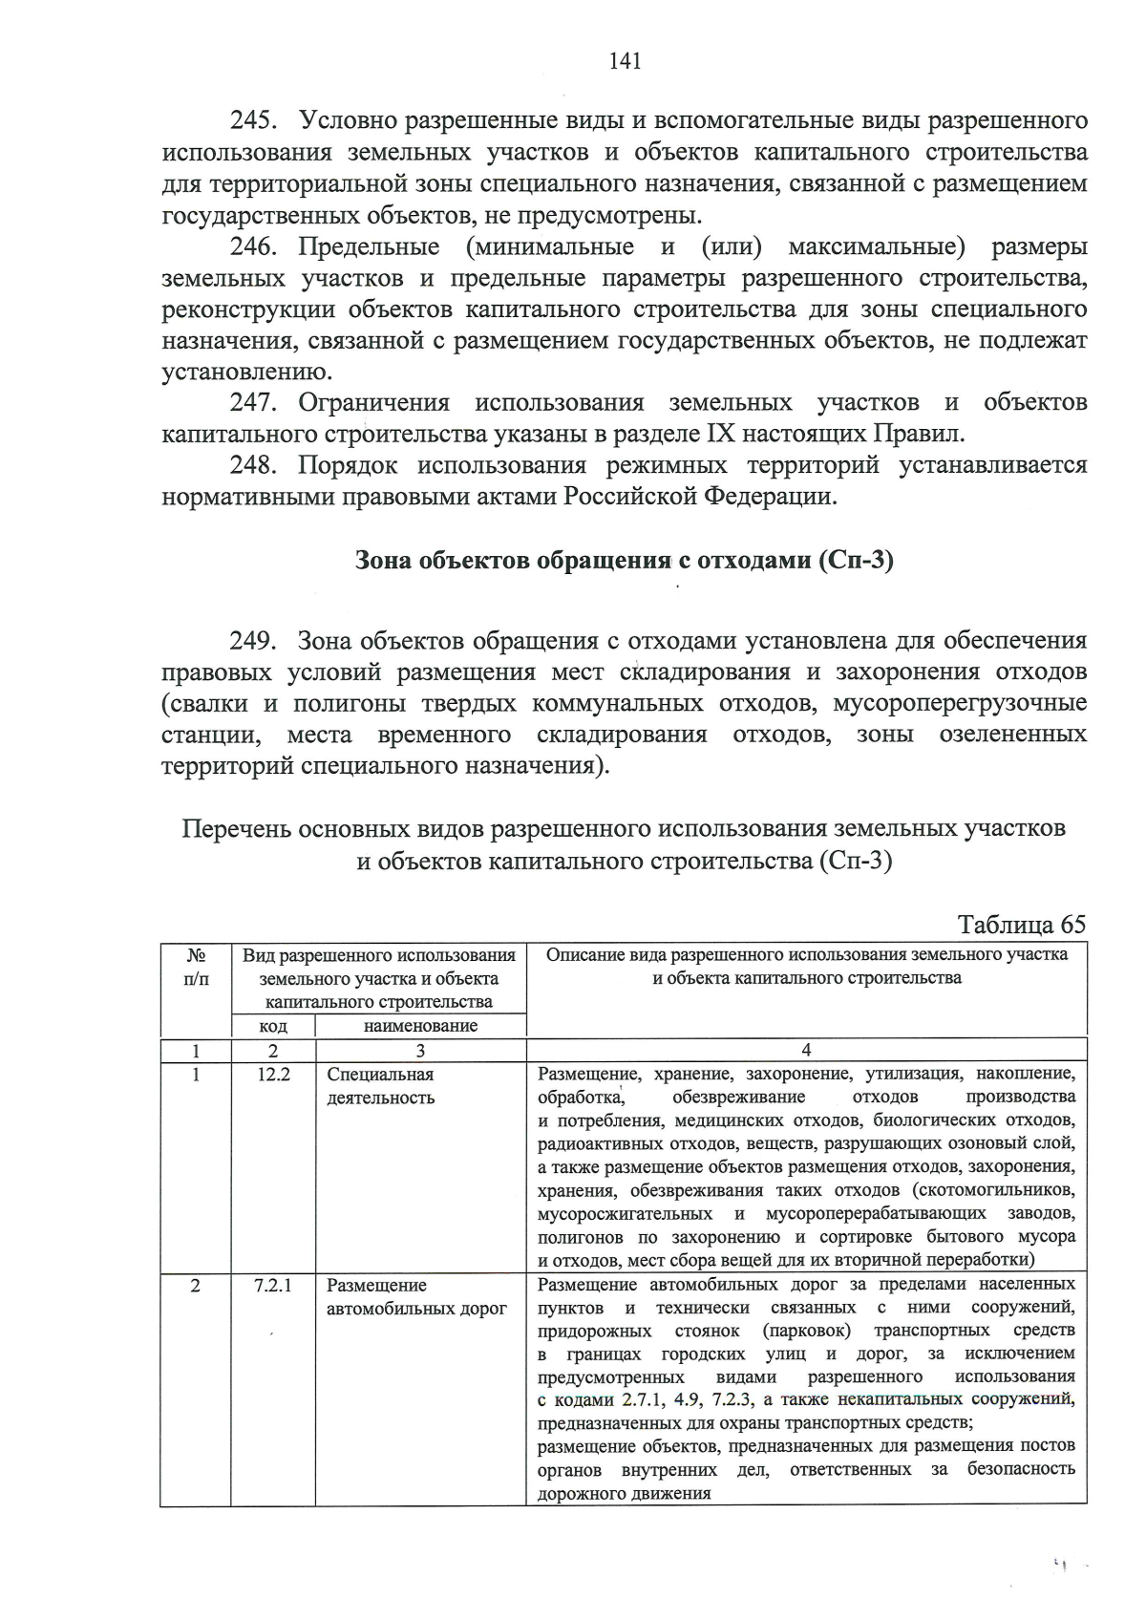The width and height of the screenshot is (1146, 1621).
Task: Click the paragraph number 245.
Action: tap(253, 120)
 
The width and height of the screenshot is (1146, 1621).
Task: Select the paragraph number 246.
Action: tap(253, 246)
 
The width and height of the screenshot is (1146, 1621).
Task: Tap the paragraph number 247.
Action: tap(253, 402)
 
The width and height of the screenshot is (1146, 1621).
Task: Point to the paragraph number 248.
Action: tap(253, 465)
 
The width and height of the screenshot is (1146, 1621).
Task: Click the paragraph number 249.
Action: tap(253, 639)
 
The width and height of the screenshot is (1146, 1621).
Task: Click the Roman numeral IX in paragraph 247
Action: tap(719, 434)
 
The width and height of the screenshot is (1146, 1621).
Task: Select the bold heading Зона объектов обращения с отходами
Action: tap(624, 560)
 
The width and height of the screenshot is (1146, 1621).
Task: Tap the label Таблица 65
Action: tap(1022, 924)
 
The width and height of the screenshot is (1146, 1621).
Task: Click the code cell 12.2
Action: tap(273, 1074)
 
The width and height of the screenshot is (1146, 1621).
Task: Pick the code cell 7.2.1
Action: tap(273, 1285)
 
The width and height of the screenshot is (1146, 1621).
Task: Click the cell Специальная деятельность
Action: tap(381, 1085)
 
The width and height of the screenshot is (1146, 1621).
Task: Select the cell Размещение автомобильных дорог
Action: tap(416, 1296)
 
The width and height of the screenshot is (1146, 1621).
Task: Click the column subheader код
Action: tap(273, 1026)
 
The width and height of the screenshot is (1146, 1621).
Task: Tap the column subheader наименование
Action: tap(420, 1026)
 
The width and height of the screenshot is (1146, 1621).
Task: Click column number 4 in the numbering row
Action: tap(806, 1050)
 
